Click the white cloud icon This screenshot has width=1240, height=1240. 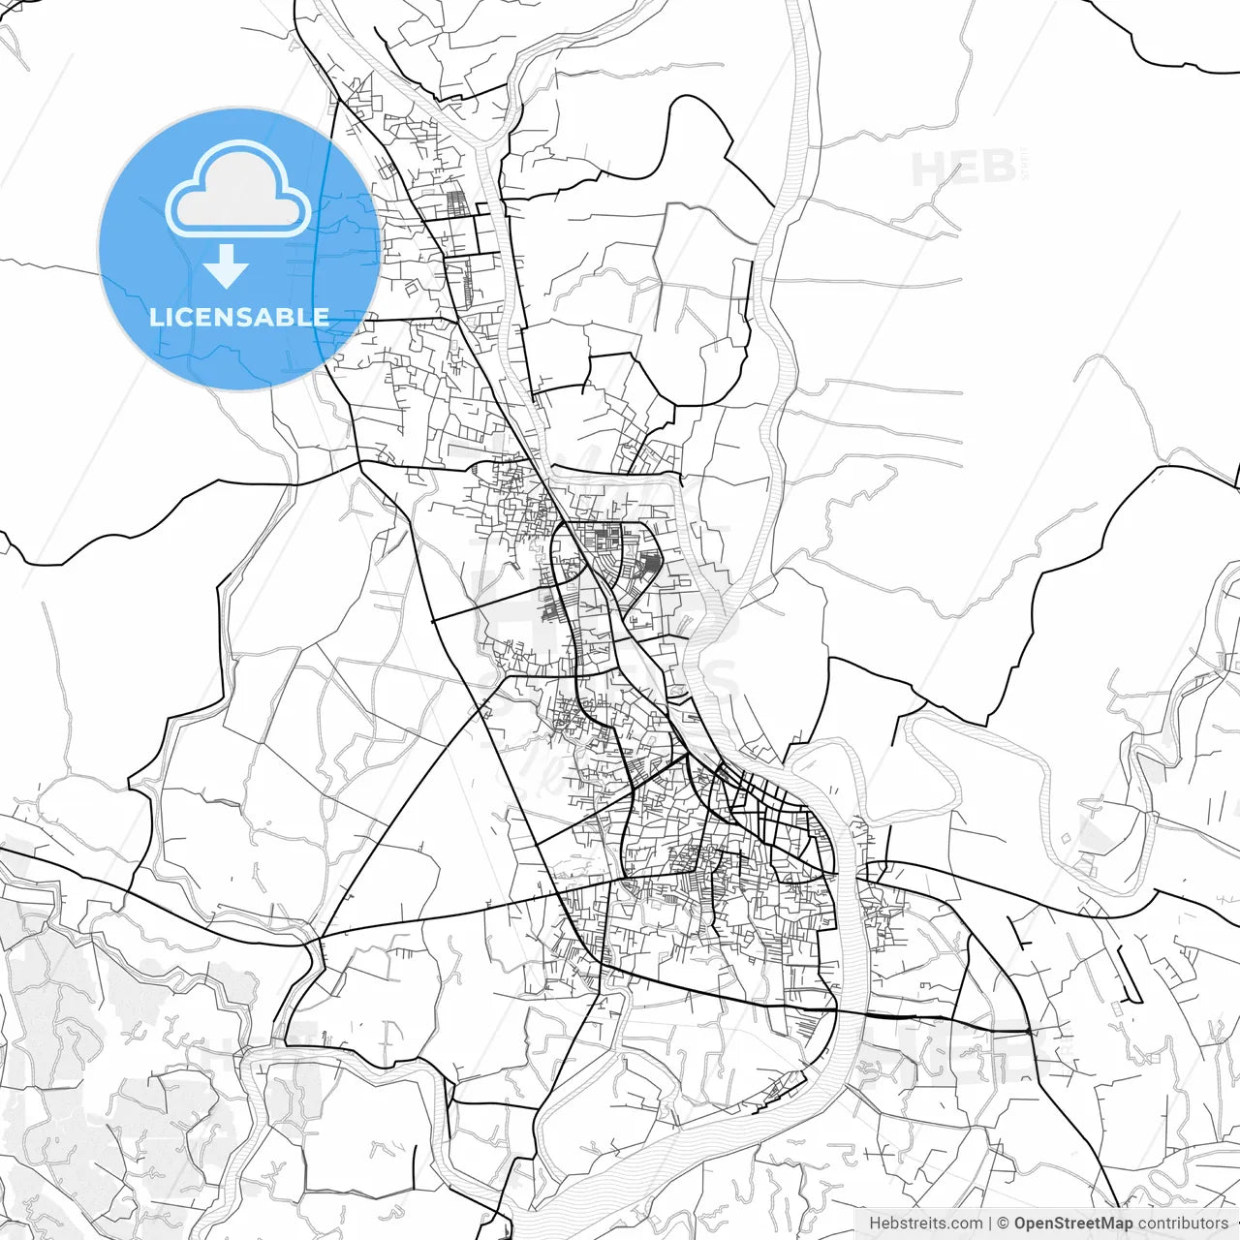coord(238,189)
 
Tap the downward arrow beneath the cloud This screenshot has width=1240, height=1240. coord(226,267)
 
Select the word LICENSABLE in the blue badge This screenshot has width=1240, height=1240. coord(239,317)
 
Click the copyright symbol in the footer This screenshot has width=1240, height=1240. coord(1004,1224)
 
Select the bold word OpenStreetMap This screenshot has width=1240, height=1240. coord(1072,1224)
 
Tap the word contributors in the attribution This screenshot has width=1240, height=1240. coord(1183,1224)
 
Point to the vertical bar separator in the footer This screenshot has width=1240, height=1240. coord(990,1224)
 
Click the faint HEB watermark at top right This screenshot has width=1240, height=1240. coord(964,170)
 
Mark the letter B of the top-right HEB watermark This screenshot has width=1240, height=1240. coord(998,170)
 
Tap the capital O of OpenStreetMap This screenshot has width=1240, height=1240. coord(1021,1224)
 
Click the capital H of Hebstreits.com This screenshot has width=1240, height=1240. coord(875,1224)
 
